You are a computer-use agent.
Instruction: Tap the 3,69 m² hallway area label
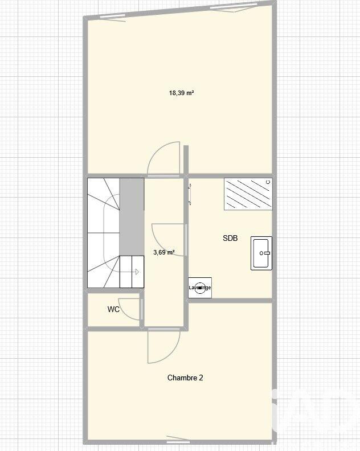[x=164, y=252]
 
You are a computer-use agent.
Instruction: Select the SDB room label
[x=230, y=239]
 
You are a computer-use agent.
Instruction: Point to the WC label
[x=113, y=310]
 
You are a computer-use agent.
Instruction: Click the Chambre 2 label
[x=185, y=378]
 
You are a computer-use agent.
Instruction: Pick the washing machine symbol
[x=200, y=288]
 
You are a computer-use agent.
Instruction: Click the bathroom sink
[x=261, y=253]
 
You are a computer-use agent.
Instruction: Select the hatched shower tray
[x=248, y=194]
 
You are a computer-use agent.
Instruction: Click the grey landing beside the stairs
[x=132, y=216]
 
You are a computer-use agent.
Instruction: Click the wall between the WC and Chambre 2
[x=114, y=329]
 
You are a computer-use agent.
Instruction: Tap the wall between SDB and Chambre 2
[x=231, y=300]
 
